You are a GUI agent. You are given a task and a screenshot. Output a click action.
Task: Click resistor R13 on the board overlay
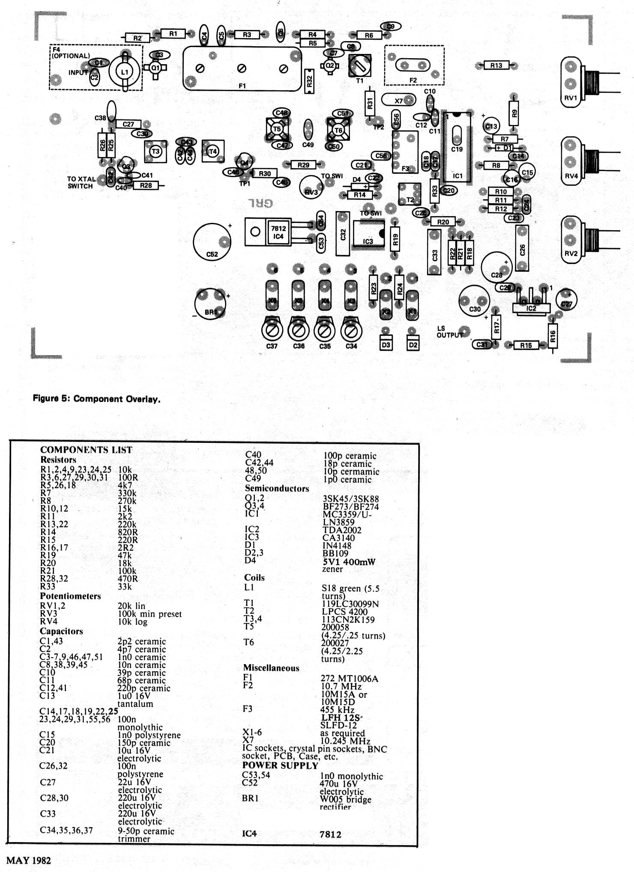(496, 65)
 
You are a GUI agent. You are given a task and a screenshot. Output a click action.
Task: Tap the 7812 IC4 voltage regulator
(278, 232)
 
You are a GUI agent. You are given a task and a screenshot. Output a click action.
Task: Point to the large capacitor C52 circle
(212, 242)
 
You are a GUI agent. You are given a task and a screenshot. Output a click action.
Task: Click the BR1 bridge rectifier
(210, 304)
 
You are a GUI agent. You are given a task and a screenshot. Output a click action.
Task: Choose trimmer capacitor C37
(272, 331)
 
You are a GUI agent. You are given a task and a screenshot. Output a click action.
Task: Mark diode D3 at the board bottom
(386, 344)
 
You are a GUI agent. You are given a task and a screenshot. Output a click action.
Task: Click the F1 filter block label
(242, 86)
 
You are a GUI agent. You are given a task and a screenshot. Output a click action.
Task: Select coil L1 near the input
(124, 72)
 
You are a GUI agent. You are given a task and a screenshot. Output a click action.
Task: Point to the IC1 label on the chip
(458, 176)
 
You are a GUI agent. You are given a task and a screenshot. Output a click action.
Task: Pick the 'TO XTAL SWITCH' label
(81, 183)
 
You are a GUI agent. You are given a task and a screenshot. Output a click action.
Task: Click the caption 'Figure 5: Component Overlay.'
(96, 399)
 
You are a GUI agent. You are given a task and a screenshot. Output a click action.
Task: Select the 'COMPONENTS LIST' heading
(86, 450)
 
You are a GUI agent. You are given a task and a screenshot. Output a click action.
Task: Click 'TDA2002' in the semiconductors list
(341, 530)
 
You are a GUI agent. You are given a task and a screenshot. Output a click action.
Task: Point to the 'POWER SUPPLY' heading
(280, 765)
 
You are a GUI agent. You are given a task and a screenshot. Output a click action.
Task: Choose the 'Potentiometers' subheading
(70, 596)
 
